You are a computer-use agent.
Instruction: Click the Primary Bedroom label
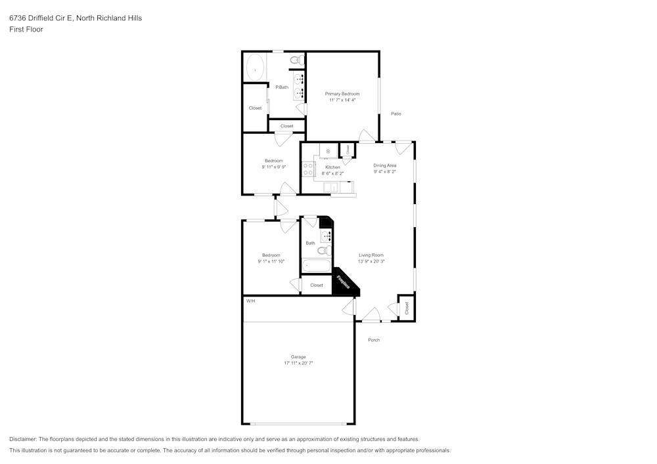pos(342,94)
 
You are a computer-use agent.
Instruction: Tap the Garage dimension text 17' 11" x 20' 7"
pos(298,363)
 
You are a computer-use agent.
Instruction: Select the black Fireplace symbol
pos(344,283)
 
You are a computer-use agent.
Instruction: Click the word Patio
pos(396,114)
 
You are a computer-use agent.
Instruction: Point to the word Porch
pos(374,340)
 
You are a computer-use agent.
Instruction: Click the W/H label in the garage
pos(250,301)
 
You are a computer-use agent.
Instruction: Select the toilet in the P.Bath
pos(296,60)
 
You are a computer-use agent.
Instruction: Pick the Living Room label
pos(371,255)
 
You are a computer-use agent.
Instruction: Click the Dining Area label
pos(384,165)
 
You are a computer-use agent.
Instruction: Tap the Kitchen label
pos(333,167)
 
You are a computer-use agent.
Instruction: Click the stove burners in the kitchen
pos(307,169)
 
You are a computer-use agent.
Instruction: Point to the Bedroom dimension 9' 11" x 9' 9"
pos(274,167)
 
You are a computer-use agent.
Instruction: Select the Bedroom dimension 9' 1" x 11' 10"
pos(271,261)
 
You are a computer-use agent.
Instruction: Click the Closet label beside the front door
pos(407,307)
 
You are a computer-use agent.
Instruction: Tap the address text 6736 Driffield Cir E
pos(41,18)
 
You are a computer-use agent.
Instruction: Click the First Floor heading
pos(26,30)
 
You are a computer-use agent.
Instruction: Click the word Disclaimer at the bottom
pos(23,439)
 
